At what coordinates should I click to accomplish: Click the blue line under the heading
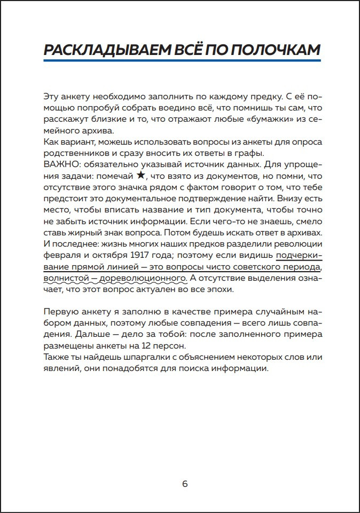click(182, 60)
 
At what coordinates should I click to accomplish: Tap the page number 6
click(185, 484)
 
